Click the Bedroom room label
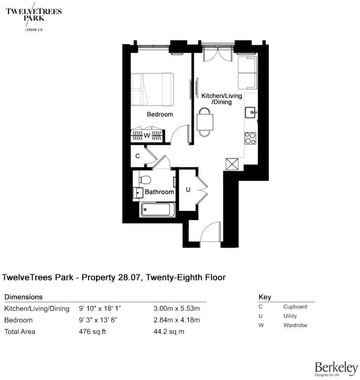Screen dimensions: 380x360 (x=159, y=114)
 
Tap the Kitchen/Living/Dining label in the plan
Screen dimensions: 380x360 (x=222, y=99)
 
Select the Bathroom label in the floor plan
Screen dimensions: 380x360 (x=159, y=192)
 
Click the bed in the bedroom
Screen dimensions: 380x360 (x=152, y=90)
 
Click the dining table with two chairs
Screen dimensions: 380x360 (x=205, y=122)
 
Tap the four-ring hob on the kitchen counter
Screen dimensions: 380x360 (x=251, y=138)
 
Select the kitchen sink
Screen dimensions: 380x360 (x=251, y=112)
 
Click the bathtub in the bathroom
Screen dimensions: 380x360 (x=158, y=210)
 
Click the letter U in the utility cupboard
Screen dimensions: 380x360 (x=188, y=190)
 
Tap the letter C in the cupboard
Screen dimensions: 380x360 (x=138, y=156)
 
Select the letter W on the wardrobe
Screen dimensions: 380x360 (x=147, y=135)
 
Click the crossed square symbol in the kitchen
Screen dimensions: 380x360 (x=232, y=164)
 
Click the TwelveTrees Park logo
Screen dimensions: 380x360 (x=33, y=16)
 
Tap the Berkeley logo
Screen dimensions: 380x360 (x=336, y=368)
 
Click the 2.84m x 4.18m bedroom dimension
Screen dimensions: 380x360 (x=177, y=320)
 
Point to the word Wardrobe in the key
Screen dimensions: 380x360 (x=295, y=325)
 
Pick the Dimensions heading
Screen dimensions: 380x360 (x=23, y=297)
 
